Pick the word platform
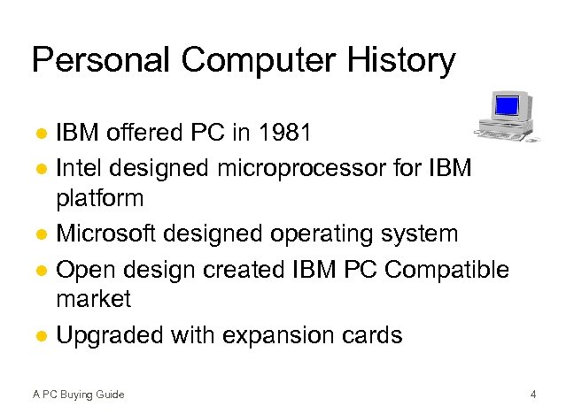pyautogui.click(x=99, y=199)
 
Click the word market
pyautogui.click(x=93, y=300)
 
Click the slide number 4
pyautogui.click(x=532, y=394)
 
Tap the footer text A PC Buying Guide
pyautogui.click(x=78, y=394)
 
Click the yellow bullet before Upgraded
pyautogui.click(x=42, y=336)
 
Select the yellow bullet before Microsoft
pyautogui.click(x=42, y=234)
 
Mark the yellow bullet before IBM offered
pyautogui.click(x=42, y=134)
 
